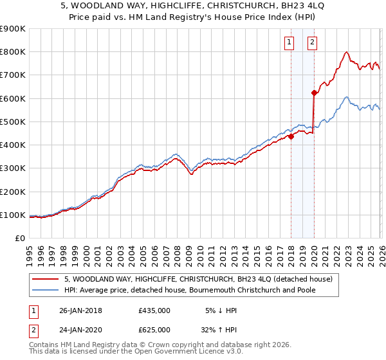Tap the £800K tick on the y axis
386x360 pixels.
pyautogui.click(x=13, y=52)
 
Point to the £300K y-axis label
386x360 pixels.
pyautogui.click(x=13, y=168)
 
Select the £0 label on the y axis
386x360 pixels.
pyautogui.click(x=19, y=239)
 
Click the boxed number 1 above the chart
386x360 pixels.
pyautogui.click(x=289, y=43)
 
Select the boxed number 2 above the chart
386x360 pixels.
pyautogui.click(x=312, y=43)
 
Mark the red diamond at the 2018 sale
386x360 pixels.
pyautogui.click(x=291, y=136)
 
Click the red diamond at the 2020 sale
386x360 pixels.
pyautogui.click(x=314, y=93)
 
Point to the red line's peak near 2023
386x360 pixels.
pyautogui.click(x=347, y=52)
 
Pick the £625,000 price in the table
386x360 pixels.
pyautogui.click(x=154, y=329)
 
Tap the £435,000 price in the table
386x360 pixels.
pyautogui.click(x=154, y=310)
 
